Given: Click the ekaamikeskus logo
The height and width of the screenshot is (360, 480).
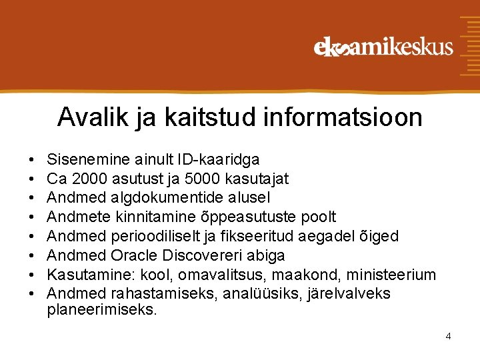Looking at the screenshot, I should tap(383, 47).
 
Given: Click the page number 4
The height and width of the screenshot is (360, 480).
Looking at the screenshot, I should tap(448, 336).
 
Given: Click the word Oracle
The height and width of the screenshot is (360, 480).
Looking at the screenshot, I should tap(133, 255).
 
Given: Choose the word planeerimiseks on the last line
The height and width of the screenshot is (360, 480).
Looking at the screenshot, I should tap(101, 309).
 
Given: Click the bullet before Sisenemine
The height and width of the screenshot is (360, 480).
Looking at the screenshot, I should tap(32, 160).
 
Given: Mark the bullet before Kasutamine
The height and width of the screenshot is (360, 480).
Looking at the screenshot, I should tap(32, 275).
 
